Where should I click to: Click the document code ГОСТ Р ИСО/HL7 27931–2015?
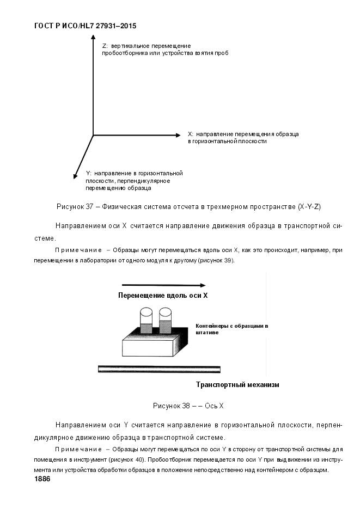[x=85, y=26]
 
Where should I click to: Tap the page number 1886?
[x=42, y=479]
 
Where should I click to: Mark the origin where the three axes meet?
[x=93, y=135]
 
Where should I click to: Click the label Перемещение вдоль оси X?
[x=163, y=296]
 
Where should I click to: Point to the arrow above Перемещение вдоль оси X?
[x=163, y=285]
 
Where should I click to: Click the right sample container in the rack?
[x=166, y=322]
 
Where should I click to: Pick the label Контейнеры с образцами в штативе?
[x=231, y=329]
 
